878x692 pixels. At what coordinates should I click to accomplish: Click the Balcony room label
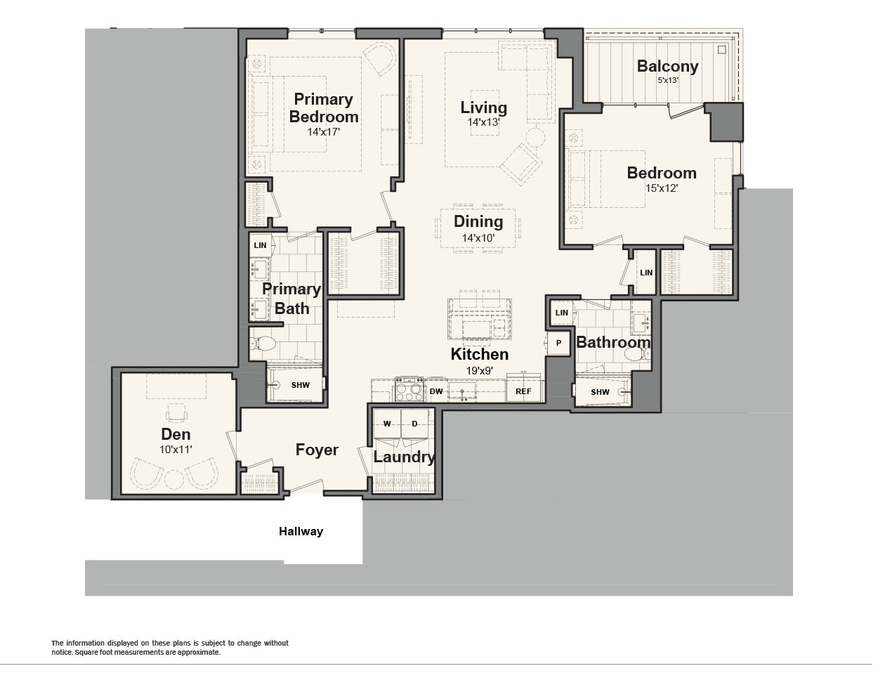click(667, 67)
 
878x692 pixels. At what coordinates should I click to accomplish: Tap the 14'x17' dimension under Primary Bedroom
click(324, 132)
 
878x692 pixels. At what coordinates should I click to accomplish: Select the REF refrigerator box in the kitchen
click(523, 391)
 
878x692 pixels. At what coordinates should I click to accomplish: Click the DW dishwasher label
click(436, 391)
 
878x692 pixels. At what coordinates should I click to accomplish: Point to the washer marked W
click(387, 424)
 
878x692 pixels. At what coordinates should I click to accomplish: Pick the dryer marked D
click(414, 424)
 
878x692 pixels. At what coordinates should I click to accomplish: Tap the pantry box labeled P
click(558, 343)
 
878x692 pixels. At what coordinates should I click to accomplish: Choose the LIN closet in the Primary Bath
click(261, 245)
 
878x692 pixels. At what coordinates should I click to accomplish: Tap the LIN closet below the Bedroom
click(646, 272)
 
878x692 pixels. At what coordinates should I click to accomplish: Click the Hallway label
click(301, 531)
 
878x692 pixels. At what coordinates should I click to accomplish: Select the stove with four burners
click(409, 389)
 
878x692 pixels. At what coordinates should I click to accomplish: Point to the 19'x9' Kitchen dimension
click(480, 370)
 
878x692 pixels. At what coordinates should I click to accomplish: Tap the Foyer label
click(317, 450)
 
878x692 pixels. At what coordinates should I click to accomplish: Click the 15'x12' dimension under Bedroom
click(662, 188)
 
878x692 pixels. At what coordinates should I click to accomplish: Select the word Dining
click(478, 221)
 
